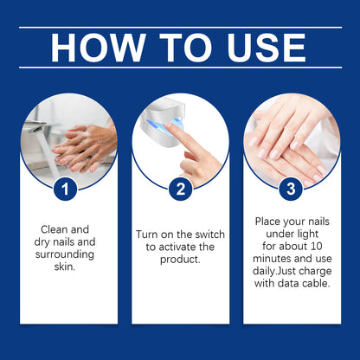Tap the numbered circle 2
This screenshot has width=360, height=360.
click(x=180, y=187)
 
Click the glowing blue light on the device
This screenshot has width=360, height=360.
click(x=164, y=129)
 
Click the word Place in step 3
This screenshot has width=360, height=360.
click(x=269, y=222)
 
